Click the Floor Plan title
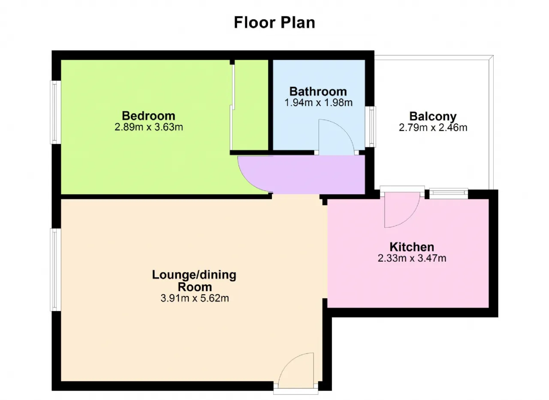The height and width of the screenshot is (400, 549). click(274, 22)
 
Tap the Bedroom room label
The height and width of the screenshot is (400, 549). click(148, 116)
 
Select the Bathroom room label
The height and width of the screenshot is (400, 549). click(318, 92)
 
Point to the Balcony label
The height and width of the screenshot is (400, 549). click(433, 116)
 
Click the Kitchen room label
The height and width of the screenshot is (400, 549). click(412, 247)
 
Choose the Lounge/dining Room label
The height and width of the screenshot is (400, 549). click(194, 281)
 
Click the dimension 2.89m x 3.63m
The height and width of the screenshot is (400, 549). click(149, 127)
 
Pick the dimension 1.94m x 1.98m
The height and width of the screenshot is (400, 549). click(318, 103)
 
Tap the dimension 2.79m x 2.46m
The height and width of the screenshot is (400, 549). click(433, 128)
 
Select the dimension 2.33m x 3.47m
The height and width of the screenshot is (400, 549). click(412, 258)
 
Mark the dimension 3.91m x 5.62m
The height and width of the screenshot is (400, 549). click(195, 298)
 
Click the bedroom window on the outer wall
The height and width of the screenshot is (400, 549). click(55, 112)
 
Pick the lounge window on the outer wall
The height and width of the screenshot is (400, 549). click(55, 270)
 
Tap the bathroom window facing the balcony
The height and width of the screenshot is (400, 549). click(371, 127)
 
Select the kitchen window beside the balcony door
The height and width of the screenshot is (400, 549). click(449, 193)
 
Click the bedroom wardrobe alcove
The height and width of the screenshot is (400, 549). click(250, 105)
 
